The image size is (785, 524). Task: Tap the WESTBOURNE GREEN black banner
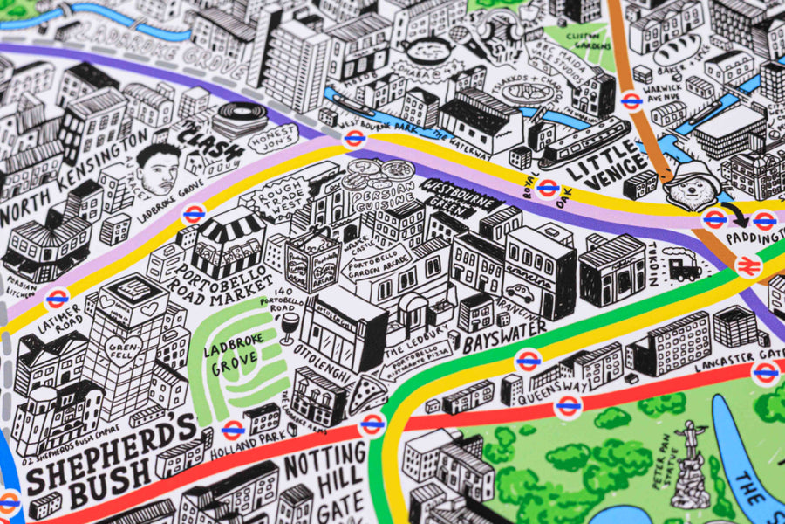(462, 197)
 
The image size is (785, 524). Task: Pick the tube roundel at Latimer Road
(58, 299)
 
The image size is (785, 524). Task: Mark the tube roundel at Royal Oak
(548, 187)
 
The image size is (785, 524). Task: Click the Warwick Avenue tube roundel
(632, 100)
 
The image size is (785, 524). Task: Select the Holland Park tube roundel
(232, 430)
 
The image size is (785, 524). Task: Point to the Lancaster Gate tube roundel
(765, 373)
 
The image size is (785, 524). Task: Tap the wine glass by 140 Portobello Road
(288, 328)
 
